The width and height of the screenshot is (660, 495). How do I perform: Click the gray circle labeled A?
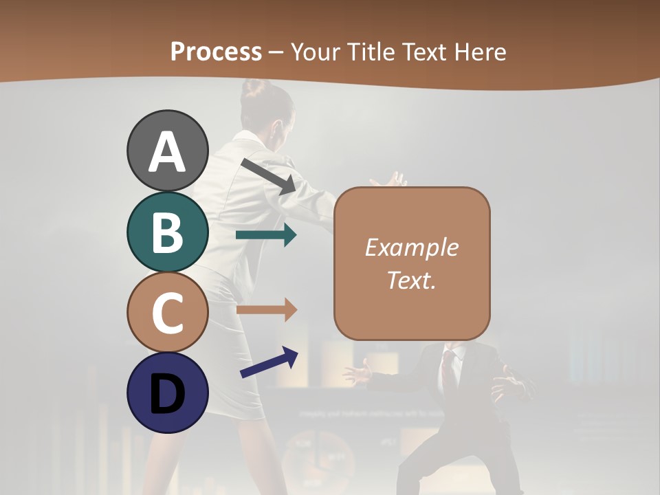168,151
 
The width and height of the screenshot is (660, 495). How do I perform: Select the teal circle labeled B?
168,232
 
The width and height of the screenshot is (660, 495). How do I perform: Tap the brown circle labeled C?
168,312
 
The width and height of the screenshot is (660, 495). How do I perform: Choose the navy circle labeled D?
168,393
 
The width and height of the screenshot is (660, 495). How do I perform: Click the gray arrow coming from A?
269,176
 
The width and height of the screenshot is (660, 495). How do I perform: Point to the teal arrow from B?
266,235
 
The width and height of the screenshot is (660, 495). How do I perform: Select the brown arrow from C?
266,310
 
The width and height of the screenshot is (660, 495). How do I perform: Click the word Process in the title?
216,52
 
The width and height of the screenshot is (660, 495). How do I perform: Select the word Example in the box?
411,247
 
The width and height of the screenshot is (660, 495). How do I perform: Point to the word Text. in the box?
411,280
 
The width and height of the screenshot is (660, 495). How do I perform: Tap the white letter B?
168,232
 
